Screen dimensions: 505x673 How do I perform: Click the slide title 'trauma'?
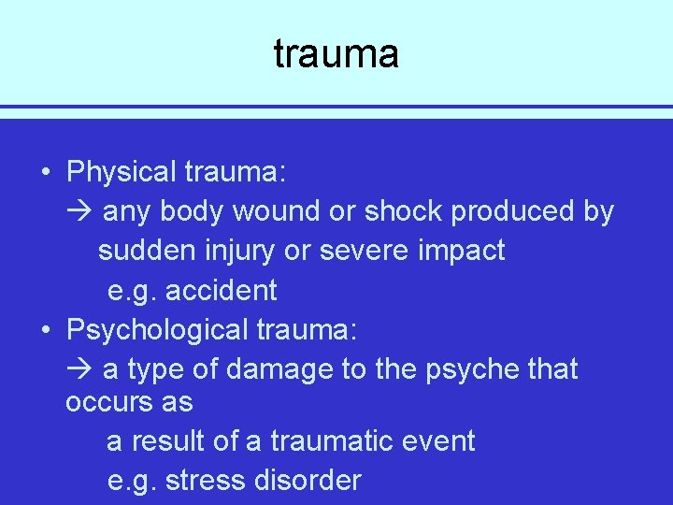[x=336, y=54]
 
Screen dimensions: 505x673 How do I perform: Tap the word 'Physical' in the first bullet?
[x=122, y=172]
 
